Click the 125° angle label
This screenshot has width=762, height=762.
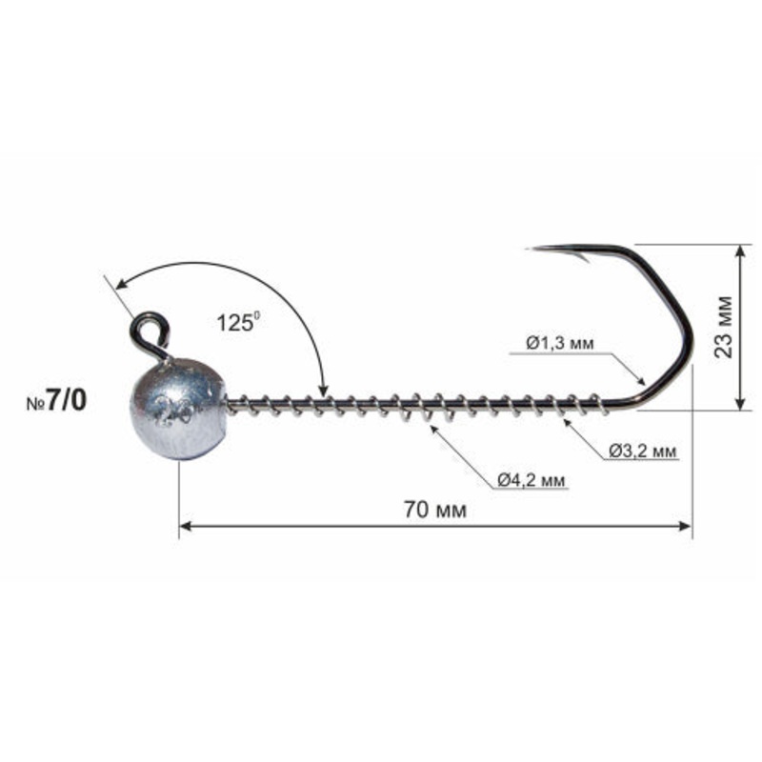[x=236, y=323]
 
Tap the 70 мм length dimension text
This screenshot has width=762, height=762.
[x=434, y=511]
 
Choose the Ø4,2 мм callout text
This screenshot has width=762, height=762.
[x=531, y=480]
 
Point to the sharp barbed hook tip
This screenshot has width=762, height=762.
[x=536, y=250]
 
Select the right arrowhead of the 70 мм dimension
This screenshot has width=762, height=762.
[x=687, y=527]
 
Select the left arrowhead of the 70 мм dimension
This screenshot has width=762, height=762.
[x=186, y=527]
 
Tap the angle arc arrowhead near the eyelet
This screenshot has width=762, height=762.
[x=119, y=285]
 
